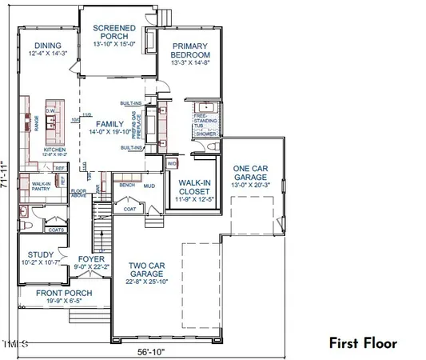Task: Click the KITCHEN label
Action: coord(54,150)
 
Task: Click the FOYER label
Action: coord(89,259)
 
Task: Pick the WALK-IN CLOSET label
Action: coord(194,186)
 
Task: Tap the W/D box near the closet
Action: coord(172,164)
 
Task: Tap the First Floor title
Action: coord(362,343)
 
